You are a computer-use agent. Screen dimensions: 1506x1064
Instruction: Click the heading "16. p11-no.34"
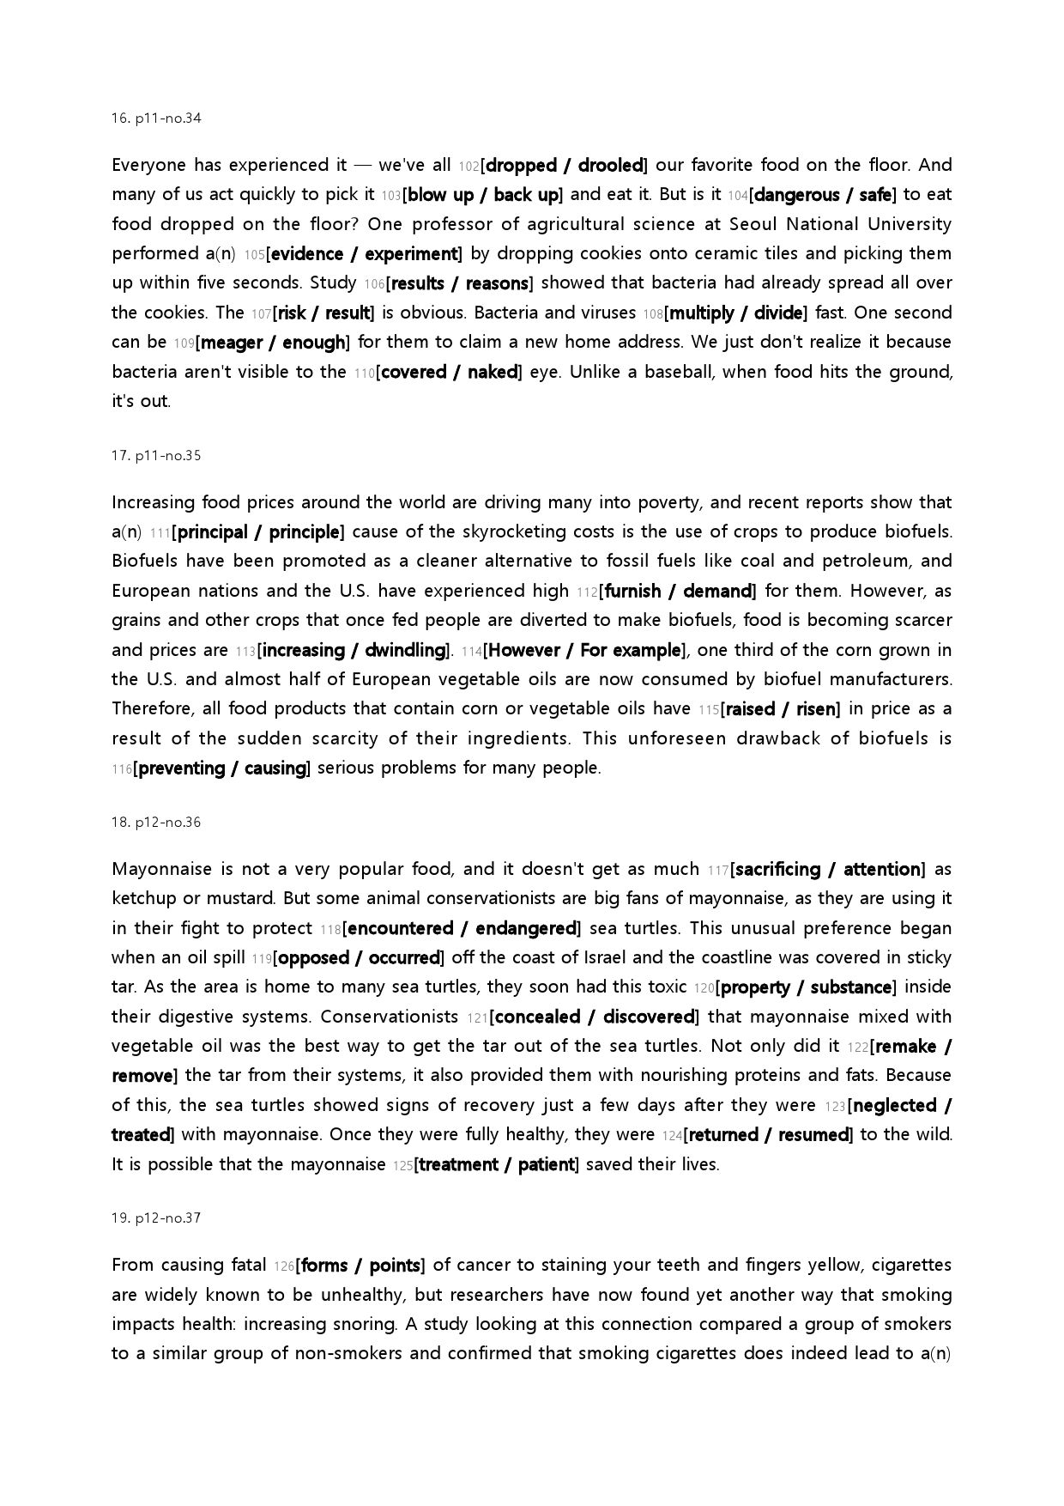[x=156, y=118]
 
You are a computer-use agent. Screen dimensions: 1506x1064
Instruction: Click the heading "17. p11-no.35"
[x=156, y=456]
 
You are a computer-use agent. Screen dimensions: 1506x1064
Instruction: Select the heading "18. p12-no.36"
[x=156, y=823]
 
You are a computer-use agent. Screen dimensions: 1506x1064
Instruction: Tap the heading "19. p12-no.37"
[x=156, y=1218]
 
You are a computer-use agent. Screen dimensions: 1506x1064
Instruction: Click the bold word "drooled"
[x=610, y=165]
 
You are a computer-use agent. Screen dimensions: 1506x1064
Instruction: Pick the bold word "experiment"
[x=411, y=254]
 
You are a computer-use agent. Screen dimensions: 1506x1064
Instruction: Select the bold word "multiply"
[x=701, y=313]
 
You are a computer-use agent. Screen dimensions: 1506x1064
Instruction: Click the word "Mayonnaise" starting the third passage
[x=161, y=869]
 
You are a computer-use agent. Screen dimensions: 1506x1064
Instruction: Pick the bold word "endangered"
[x=525, y=928]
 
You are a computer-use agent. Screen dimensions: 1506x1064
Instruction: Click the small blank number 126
[x=284, y=1266]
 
